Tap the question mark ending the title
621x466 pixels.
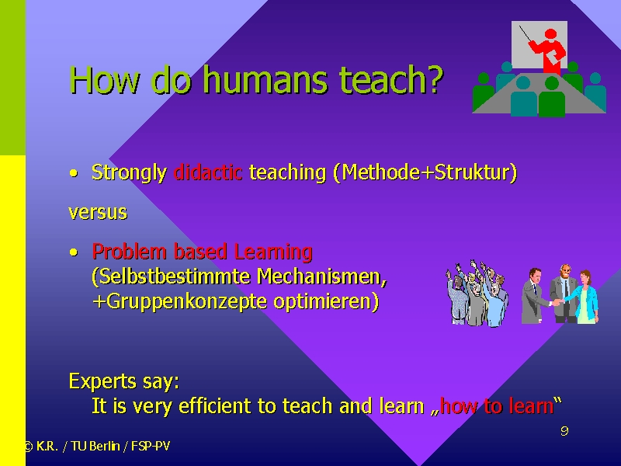[434, 79]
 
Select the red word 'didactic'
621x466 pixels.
[208, 172]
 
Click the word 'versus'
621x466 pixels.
[98, 213]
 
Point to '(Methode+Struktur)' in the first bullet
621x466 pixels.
[425, 172]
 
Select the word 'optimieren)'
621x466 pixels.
[326, 302]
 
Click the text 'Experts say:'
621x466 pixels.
[124, 381]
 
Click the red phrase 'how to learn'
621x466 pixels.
[497, 406]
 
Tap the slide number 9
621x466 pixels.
[565, 431]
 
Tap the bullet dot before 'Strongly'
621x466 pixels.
[73, 173]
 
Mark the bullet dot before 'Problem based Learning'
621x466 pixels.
[73, 252]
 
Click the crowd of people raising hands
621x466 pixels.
[477, 294]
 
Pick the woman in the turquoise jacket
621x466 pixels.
[584, 297]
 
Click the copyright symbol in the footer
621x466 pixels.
[28, 447]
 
